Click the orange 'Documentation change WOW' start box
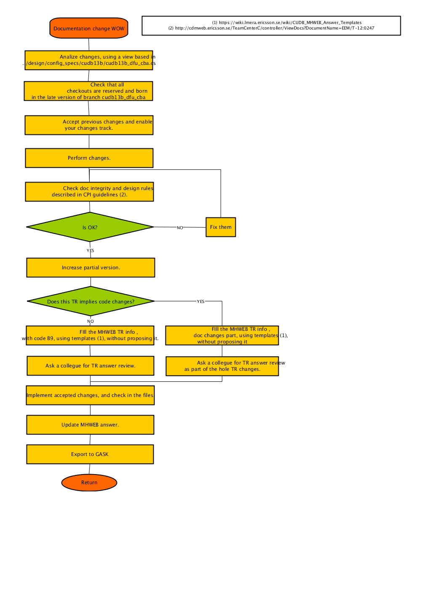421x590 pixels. (x=89, y=28)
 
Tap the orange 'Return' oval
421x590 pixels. (x=89, y=483)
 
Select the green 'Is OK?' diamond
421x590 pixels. (x=90, y=227)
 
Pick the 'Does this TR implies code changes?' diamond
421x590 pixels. (x=91, y=301)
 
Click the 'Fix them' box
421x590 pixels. (x=221, y=227)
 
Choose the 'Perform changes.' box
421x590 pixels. (x=89, y=158)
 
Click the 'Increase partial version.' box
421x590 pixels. (x=91, y=268)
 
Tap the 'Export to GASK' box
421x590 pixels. (x=90, y=454)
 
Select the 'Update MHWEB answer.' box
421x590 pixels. (x=90, y=425)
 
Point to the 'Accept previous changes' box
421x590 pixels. (x=89, y=125)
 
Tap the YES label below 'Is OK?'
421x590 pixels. (x=90, y=250)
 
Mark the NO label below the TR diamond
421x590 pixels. (x=90, y=321)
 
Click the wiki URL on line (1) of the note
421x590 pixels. (x=290, y=23)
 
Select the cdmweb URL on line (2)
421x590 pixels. (x=274, y=28)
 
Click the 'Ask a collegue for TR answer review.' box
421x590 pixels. (x=91, y=366)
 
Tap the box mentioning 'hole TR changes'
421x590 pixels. (x=222, y=366)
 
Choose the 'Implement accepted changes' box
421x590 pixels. (x=90, y=395)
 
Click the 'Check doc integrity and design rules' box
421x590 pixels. (x=89, y=192)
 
